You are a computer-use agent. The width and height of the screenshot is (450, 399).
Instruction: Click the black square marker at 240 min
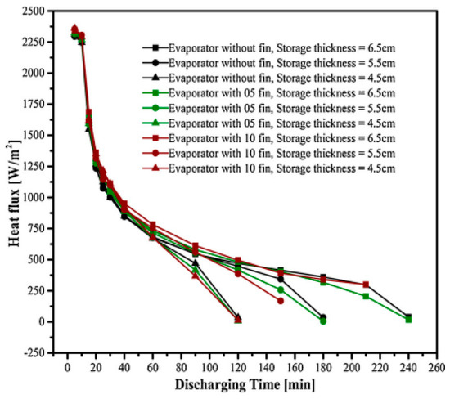(408, 316)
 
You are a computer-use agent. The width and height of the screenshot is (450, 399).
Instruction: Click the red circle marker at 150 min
(281, 301)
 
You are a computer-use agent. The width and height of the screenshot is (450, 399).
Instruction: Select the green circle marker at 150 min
(281, 289)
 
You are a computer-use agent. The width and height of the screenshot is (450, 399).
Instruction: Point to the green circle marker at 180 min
(323, 321)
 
